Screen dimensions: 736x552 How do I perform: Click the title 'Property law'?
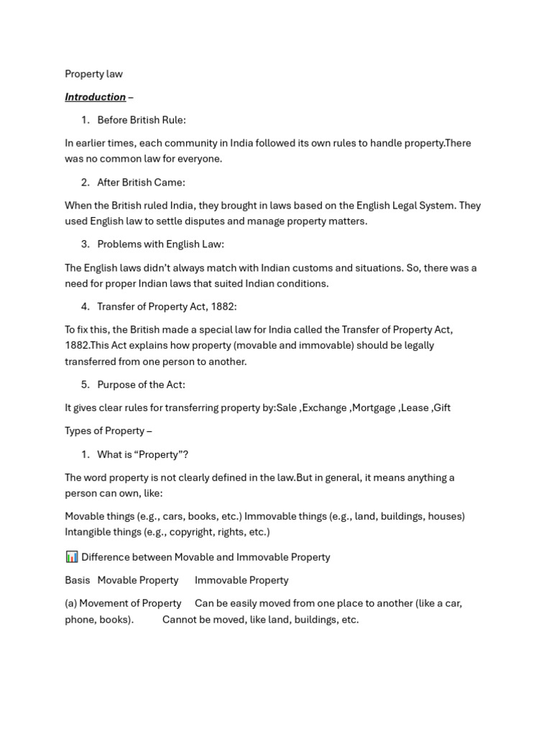(x=93, y=74)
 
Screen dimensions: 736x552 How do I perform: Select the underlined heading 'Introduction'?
(x=95, y=97)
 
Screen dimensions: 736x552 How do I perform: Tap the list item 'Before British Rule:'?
(x=141, y=120)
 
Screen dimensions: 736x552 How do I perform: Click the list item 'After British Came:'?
(x=141, y=183)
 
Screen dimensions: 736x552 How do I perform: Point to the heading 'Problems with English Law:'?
(x=160, y=244)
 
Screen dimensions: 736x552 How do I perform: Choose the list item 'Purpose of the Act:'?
(x=141, y=385)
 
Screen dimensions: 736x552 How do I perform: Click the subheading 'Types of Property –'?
(x=108, y=431)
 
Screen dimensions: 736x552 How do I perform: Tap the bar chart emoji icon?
(x=72, y=557)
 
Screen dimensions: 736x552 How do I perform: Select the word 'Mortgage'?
(x=374, y=408)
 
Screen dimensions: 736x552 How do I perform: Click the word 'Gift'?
(x=442, y=408)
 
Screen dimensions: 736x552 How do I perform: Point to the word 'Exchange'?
(x=324, y=408)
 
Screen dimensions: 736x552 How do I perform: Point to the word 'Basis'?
(x=78, y=580)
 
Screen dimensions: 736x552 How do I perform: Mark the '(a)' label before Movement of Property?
(x=70, y=603)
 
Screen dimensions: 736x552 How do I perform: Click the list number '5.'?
(x=86, y=385)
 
